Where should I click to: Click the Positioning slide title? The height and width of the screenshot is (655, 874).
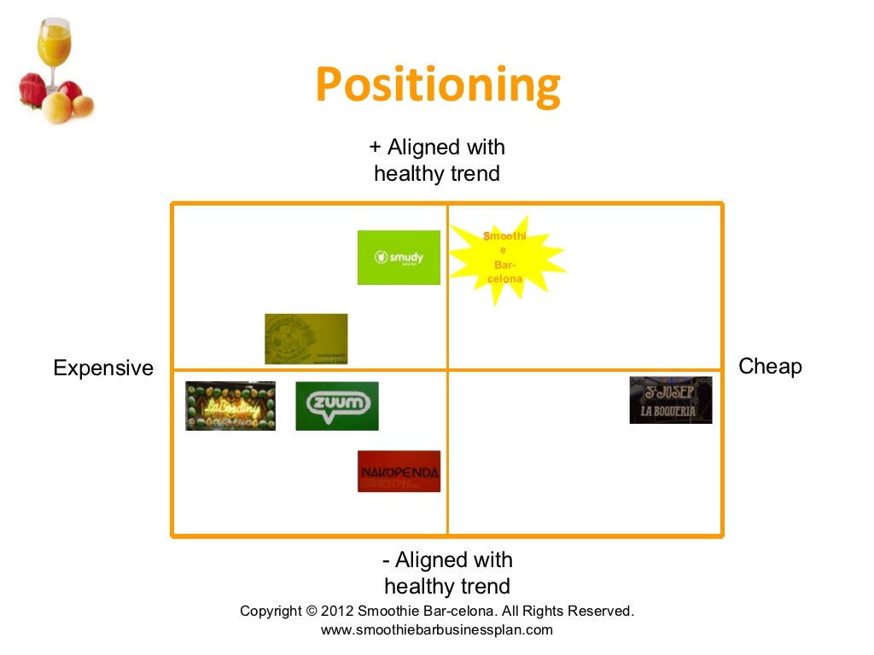point(437,85)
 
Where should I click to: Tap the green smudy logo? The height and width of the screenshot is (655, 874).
point(399,258)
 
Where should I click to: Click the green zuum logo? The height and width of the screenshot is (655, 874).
point(337,406)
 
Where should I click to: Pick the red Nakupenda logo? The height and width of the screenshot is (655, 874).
point(399,472)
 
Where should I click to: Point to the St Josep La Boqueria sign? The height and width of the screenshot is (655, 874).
point(671,400)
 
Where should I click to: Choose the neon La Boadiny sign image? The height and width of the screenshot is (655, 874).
point(230,406)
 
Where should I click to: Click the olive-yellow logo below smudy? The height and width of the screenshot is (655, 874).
point(306,339)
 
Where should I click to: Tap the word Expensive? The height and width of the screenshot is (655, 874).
point(103,368)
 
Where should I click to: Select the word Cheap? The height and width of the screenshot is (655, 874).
point(770,367)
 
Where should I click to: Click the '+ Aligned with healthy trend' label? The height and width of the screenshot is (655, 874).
point(437,160)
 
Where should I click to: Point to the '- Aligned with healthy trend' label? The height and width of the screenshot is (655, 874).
point(447,573)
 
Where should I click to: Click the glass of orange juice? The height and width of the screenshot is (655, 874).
point(54,48)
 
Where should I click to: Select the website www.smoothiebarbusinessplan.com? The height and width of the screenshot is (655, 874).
point(437,630)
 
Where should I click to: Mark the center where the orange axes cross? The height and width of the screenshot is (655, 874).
point(447,370)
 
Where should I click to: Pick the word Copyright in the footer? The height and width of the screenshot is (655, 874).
point(271,611)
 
